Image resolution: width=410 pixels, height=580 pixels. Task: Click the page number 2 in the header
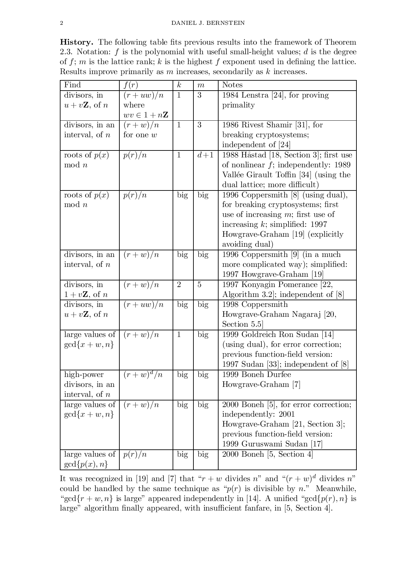point(61,23)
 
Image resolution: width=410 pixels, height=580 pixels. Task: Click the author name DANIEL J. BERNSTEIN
point(208,23)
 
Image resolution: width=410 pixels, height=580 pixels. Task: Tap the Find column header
point(72,85)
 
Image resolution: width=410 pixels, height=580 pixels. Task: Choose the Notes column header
point(232,85)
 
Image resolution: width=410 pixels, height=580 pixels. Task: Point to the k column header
point(179,85)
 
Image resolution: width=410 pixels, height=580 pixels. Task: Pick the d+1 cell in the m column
point(205,155)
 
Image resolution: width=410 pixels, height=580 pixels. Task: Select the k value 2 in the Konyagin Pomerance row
point(179,285)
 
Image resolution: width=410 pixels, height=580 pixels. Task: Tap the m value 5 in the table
point(199,285)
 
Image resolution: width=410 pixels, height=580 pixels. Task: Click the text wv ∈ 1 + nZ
point(146,115)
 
